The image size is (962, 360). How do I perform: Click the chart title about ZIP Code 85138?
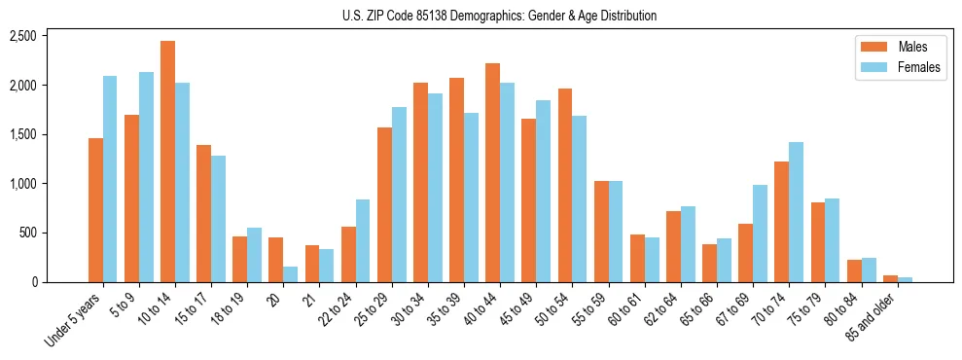[x=499, y=16]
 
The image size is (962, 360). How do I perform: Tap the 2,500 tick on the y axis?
[x=22, y=36]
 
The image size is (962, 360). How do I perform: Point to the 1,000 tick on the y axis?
[x=22, y=184]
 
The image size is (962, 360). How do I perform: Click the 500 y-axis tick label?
[x=26, y=234]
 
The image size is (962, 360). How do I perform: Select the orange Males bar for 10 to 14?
[x=167, y=162]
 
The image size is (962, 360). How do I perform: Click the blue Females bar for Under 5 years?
[x=110, y=179]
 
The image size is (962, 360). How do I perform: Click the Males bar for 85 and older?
[x=890, y=279]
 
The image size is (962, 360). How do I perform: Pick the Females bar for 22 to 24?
[x=363, y=241]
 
